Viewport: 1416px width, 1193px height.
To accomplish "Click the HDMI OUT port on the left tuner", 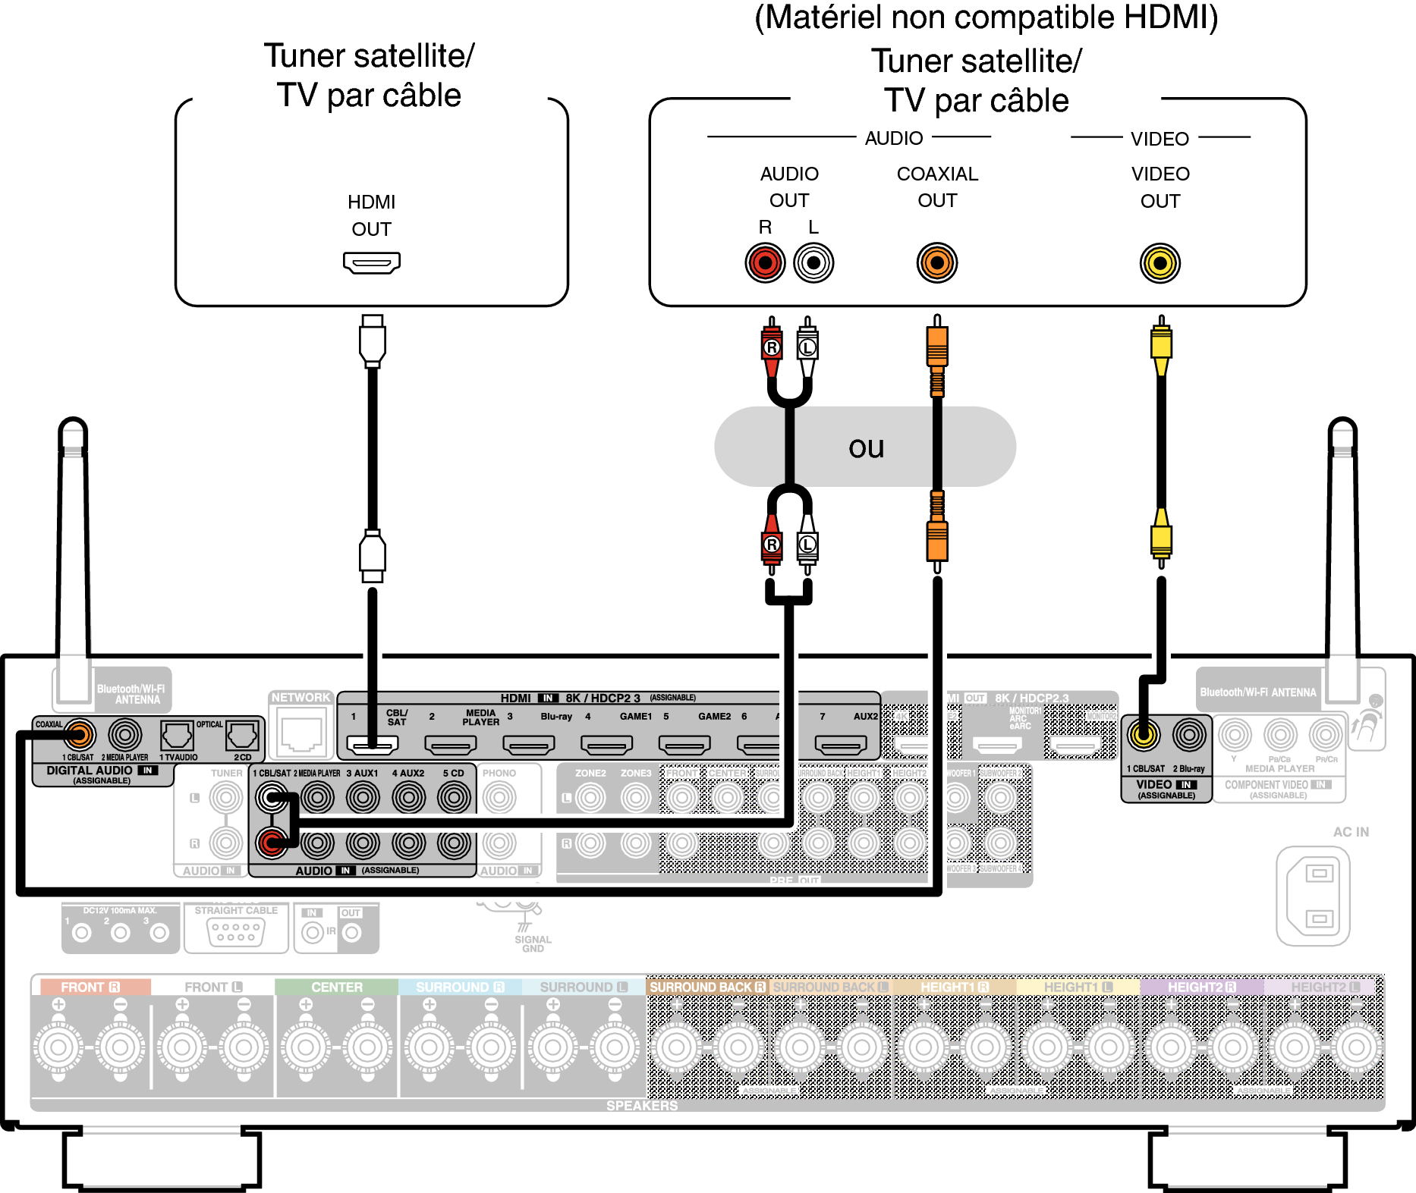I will pos(371,262).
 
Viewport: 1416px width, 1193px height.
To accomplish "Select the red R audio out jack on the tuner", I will pos(764,263).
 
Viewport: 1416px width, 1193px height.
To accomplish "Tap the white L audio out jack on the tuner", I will pos(813,263).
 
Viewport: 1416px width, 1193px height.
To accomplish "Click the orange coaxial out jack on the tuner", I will pos(937,263).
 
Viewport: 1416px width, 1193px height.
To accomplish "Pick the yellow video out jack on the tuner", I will pos(1160,263).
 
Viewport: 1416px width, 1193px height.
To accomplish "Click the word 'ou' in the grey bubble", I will pos(866,447).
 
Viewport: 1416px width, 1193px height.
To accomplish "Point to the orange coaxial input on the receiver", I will pos(79,734).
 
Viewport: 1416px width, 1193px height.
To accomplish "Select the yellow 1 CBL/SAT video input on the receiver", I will pos(1144,734).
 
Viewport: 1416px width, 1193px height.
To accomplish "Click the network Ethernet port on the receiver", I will pos(301,733).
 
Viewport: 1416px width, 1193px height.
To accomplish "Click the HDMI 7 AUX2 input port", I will pos(841,746).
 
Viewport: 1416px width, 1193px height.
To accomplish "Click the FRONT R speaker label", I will pos(90,987).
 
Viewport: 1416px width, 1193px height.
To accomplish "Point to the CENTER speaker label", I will pos(336,987).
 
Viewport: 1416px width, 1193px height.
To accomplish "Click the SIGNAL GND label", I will pos(533,943).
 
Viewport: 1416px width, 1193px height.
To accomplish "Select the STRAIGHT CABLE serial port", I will pos(236,932).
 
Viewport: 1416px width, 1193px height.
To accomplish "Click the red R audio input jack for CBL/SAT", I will pos(272,842).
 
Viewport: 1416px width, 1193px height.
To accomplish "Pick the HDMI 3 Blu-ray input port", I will pos(528,746).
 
